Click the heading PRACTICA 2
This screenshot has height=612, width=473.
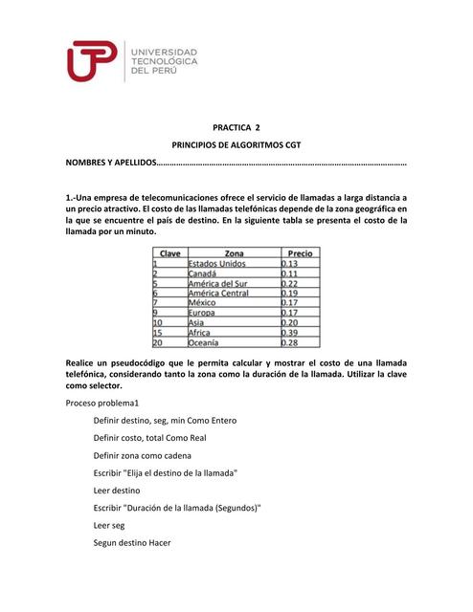pyautogui.click(x=236, y=125)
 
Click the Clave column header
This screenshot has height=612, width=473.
pyautogui.click(x=169, y=252)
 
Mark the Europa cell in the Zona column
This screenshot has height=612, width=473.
pyautogui.click(x=202, y=313)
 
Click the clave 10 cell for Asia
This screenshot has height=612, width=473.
pyautogui.click(x=159, y=322)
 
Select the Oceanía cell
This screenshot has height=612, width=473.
pyautogui.click(x=204, y=342)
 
